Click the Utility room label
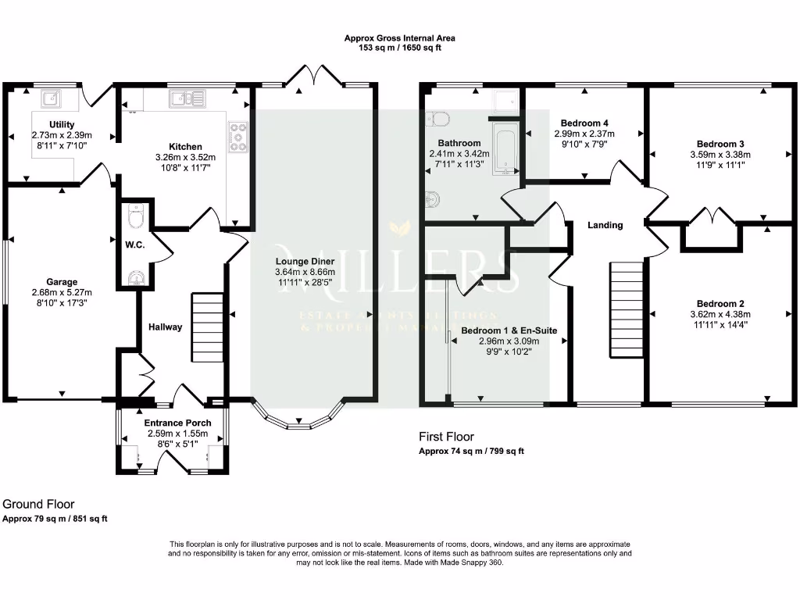click(62, 124)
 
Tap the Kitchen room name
click(186, 146)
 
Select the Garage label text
click(62, 282)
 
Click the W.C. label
click(134, 244)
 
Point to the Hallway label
click(165, 327)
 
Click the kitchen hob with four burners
click(237, 137)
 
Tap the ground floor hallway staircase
click(208, 327)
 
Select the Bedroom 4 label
click(584, 123)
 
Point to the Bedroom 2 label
click(720, 304)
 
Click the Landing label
click(605, 225)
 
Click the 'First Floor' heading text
click(446, 437)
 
